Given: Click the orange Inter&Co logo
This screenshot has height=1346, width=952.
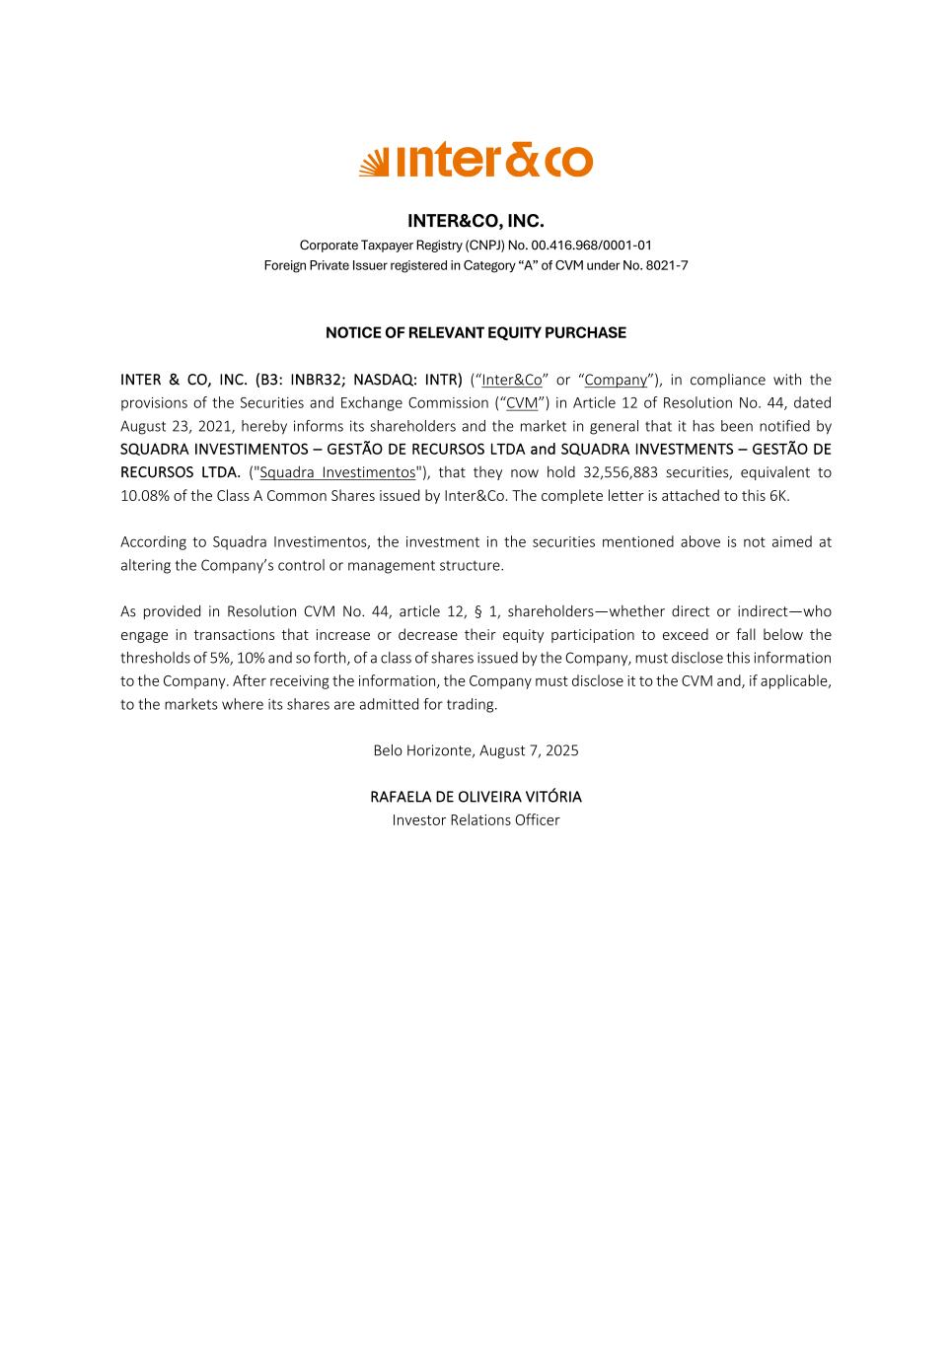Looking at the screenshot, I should click(x=476, y=161).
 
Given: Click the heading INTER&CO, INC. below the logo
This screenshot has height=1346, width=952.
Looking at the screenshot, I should click(x=476, y=221).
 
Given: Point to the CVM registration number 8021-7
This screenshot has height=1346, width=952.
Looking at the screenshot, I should click(x=667, y=265).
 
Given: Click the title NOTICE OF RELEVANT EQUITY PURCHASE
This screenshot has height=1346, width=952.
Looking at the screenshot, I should click(x=476, y=333).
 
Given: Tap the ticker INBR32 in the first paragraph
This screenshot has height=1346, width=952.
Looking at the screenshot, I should click(x=317, y=380).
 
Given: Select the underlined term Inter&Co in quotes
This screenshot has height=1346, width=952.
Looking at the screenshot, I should click(x=511, y=380).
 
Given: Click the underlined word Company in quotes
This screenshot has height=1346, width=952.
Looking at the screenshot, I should click(x=616, y=380).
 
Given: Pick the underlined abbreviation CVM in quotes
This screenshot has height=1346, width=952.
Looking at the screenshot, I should click(x=522, y=402).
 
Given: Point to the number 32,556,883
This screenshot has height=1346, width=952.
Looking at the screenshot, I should click(x=621, y=472).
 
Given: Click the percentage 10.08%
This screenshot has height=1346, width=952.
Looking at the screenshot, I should click(x=145, y=495).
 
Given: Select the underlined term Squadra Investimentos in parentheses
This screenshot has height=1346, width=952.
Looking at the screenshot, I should click(x=337, y=472).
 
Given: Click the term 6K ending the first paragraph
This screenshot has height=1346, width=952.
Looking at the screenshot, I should click(x=778, y=495).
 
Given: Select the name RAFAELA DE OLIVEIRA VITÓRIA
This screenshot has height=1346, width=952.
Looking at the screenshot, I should click(x=476, y=797).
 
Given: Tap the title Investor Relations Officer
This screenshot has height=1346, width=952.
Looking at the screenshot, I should click(x=476, y=819).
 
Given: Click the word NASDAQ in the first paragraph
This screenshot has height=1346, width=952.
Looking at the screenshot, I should click(x=384, y=380).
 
